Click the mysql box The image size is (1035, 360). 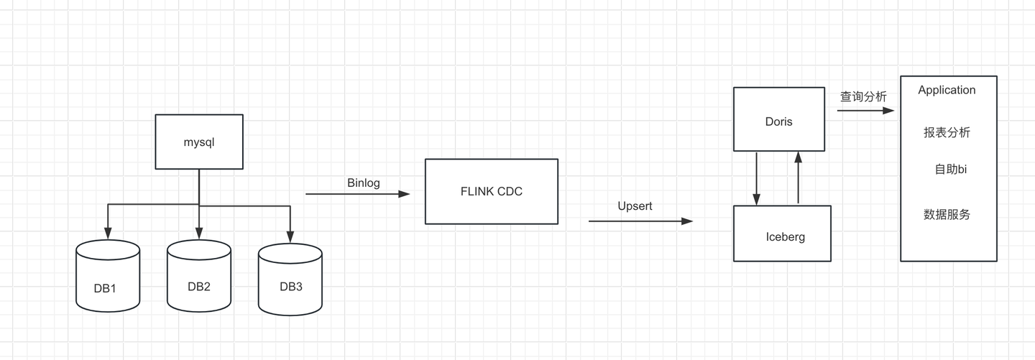[x=199, y=142]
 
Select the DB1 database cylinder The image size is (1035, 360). [x=108, y=276]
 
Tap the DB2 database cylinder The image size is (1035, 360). [x=199, y=276]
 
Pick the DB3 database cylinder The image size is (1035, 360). [x=290, y=280]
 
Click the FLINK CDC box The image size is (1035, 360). [x=492, y=192]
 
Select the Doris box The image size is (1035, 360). [x=779, y=119]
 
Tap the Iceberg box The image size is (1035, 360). [x=782, y=234]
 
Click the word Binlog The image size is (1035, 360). [x=364, y=183]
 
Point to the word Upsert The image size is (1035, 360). [x=635, y=206]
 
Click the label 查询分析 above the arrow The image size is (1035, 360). [x=863, y=96]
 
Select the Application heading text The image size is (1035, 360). [x=947, y=90]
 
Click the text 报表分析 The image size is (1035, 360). [x=947, y=133]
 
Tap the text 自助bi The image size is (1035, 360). [x=950, y=170]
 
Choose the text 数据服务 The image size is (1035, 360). [x=947, y=214]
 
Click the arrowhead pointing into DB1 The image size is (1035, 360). [x=108, y=234]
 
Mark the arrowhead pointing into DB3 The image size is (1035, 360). [x=290, y=237]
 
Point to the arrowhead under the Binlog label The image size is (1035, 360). [x=404, y=194]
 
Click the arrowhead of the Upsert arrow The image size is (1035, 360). [x=687, y=221]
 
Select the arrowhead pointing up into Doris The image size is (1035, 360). [x=798, y=157]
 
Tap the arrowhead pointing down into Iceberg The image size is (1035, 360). [x=756, y=199]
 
